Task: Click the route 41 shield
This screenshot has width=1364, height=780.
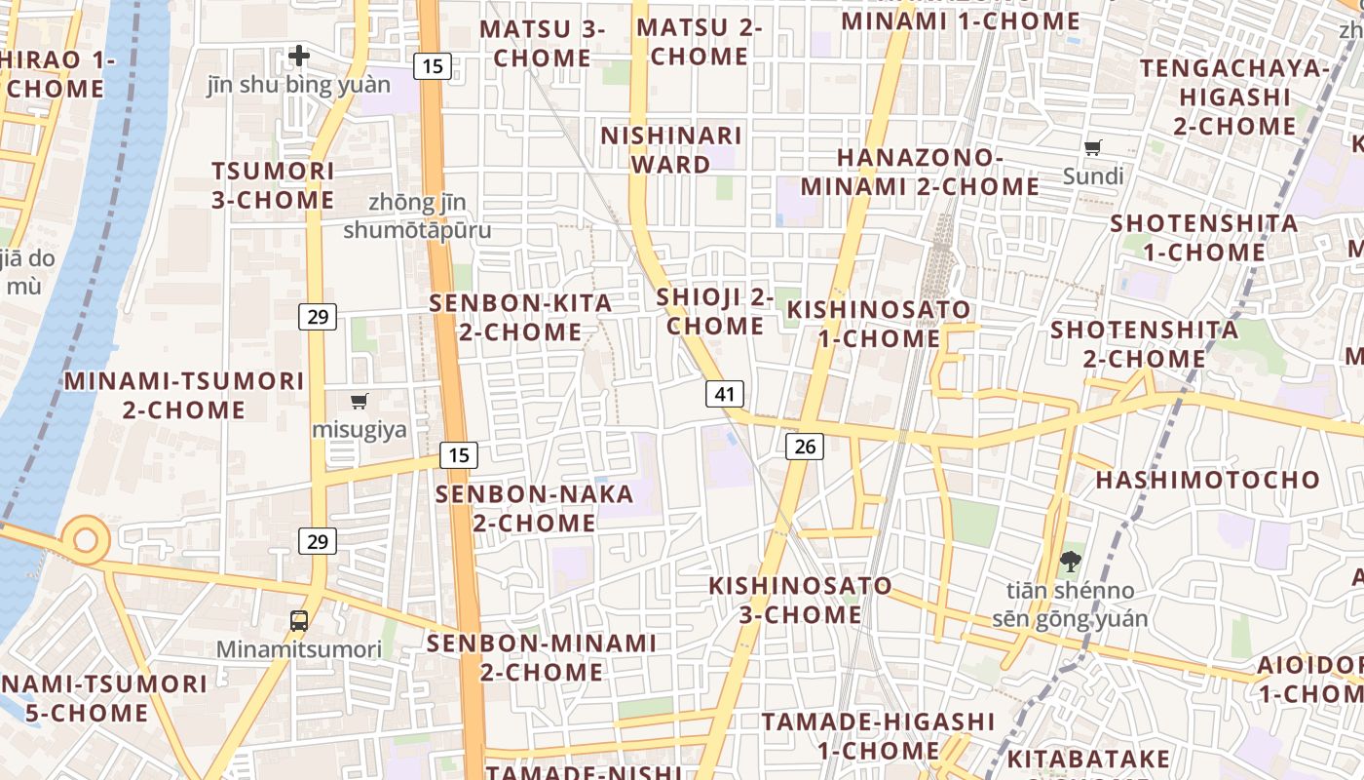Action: point(724,394)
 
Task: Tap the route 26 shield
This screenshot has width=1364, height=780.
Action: point(804,447)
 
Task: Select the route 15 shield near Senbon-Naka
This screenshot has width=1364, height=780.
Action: point(458,454)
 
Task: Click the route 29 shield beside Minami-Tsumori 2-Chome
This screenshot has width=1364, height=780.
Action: point(319,316)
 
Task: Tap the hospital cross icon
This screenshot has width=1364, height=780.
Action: point(299,56)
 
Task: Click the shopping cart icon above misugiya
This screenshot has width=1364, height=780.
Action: point(360,401)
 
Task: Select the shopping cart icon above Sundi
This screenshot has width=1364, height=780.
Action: point(1093,148)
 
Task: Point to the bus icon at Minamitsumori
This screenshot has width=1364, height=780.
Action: point(299,620)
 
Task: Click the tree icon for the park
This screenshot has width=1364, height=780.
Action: point(1070,561)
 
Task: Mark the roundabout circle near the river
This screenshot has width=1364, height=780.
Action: point(86,539)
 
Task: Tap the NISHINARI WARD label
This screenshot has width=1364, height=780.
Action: point(671,149)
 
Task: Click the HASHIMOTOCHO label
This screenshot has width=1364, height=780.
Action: point(1207,480)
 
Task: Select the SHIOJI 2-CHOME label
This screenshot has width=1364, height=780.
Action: point(715,311)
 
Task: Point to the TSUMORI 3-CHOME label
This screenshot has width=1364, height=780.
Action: point(273,185)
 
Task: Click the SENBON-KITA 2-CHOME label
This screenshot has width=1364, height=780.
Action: point(520,317)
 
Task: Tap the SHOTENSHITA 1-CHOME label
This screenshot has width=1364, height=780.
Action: point(1204,237)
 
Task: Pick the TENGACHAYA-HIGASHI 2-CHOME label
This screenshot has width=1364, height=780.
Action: point(1234,97)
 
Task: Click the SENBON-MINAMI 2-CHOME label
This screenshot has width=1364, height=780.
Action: point(541,657)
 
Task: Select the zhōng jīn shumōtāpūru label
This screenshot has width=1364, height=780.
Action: point(417,216)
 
